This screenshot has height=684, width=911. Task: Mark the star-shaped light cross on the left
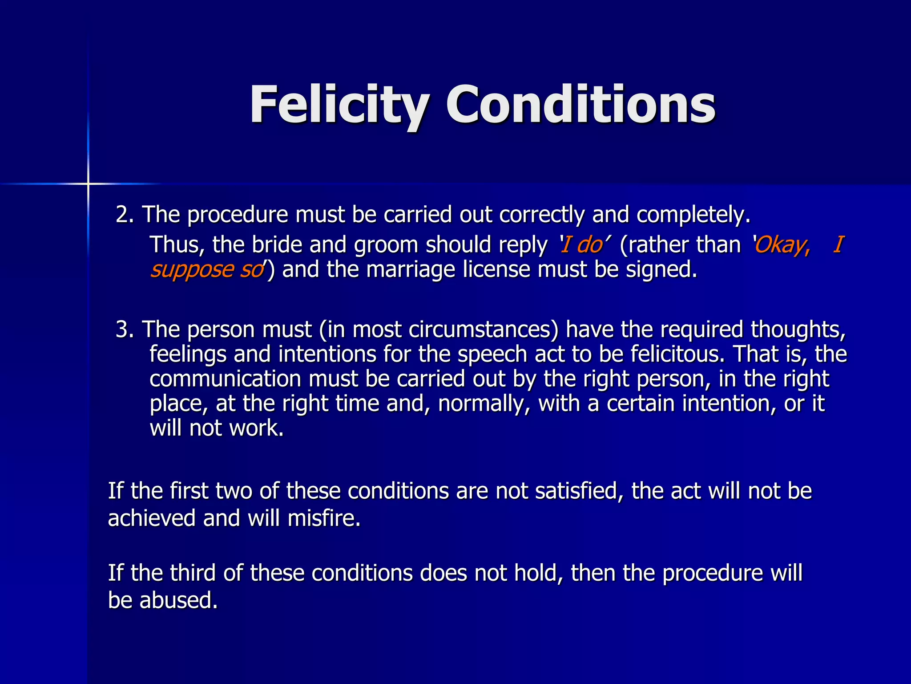point(88,183)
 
